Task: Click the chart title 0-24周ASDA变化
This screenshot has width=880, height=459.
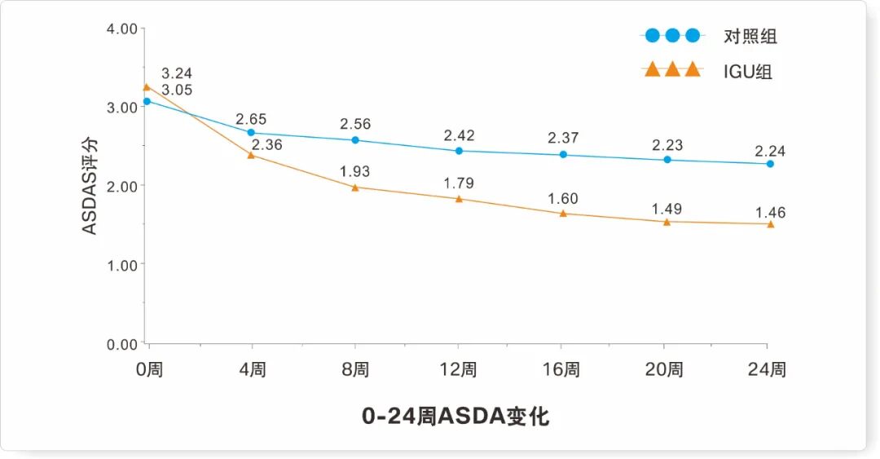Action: pyautogui.click(x=455, y=417)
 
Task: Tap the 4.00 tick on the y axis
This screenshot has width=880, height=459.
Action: pyautogui.click(x=121, y=29)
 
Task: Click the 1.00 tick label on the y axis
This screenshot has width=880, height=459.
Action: pyautogui.click(x=121, y=265)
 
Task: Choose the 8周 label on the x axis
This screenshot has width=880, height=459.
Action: pyautogui.click(x=354, y=369)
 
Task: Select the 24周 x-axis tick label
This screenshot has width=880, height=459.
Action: pyautogui.click(x=767, y=369)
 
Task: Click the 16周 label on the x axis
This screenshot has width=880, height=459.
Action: pyautogui.click(x=561, y=369)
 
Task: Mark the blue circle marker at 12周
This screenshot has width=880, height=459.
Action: pyautogui.click(x=459, y=151)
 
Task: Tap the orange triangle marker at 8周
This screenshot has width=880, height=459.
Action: pyautogui.click(x=355, y=187)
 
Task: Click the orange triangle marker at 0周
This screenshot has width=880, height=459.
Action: pyautogui.click(x=147, y=86)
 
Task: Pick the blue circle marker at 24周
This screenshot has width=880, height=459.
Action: pyautogui.click(x=770, y=164)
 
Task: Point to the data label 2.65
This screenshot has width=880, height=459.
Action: pyautogui.click(x=252, y=119)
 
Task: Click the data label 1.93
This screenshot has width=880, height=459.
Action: pyautogui.click(x=354, y=171)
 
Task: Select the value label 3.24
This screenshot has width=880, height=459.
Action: pyautogui.click(x=177, y=73)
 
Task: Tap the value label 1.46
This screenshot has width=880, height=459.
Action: pyautogui.click(x=770, y=213)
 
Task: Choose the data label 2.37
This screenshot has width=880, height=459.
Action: pyautogui.click(x=563, y=138)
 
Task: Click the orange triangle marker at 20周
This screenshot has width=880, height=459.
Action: pyautogui.click(x=667, y=221)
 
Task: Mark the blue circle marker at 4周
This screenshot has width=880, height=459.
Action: pyautogui.click(x=251, y=132)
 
